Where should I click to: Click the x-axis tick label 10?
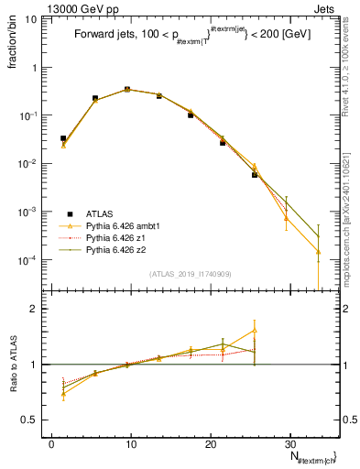pyautogui.click(x=131, y=443)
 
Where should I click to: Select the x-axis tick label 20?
pyautogui.click(x=211, y=443)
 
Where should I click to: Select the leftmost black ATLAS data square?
pyautogui.click(x=63, y=138)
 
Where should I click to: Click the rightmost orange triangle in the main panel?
pyautogui.click(x=318, y=251)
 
